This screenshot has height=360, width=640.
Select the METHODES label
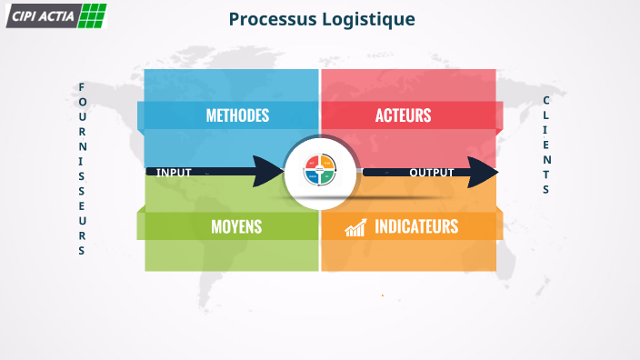[x=237, y=115]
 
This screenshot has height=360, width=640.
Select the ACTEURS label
[x=403, y=115]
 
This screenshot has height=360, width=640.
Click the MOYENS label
[x=236, y=226]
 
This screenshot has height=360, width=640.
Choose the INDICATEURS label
[x=416, y=226]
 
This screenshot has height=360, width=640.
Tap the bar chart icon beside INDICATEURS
[x=355, y=226]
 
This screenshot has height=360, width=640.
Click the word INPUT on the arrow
[x=174, y=172]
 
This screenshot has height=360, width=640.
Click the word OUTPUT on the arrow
[x=431, y=172]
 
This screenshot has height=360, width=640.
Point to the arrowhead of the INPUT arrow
[x=272, y=171]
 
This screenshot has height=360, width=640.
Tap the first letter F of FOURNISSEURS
[x=82, y=87]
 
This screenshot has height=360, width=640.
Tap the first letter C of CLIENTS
[x=546, y=100]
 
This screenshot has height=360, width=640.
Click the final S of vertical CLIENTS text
[x=546, y=190]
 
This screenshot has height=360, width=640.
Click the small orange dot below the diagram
[x=383, y=295]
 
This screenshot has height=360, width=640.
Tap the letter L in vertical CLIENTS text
[x=546, y=115]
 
